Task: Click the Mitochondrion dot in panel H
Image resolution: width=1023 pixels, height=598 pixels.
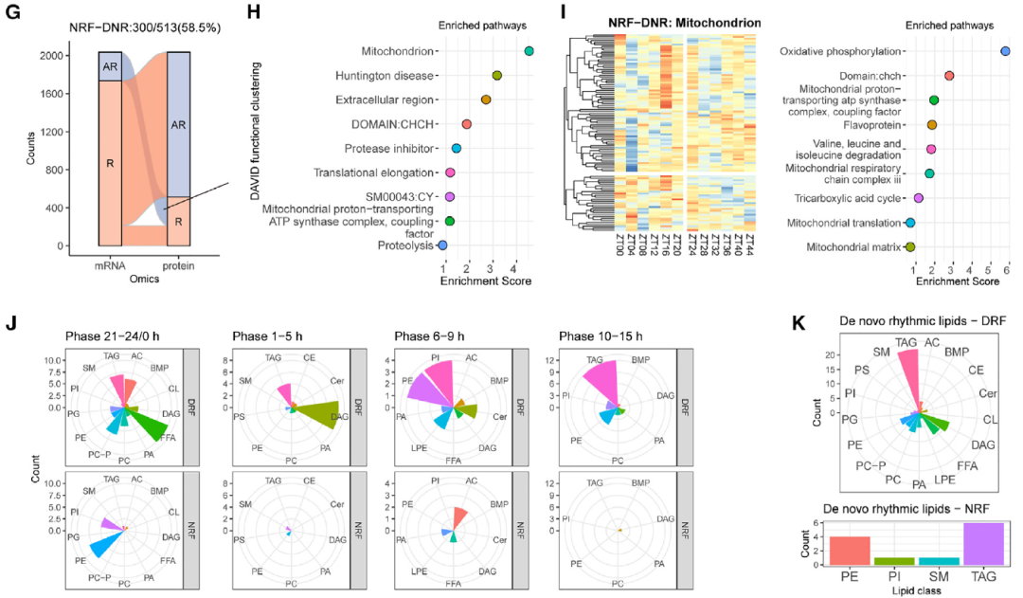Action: point(529,51)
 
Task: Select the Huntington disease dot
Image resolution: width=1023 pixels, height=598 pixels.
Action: point(497,75)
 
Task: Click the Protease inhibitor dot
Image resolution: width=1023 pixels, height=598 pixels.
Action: point(457,149)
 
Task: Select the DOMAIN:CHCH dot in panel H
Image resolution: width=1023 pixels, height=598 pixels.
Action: point(467,124)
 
